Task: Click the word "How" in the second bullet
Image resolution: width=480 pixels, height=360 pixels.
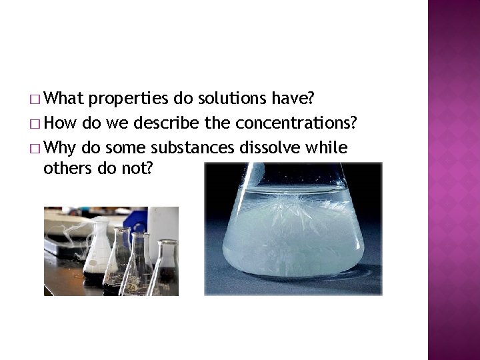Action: coord(60,123)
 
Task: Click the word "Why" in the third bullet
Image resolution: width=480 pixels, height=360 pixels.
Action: coord(61,147)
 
